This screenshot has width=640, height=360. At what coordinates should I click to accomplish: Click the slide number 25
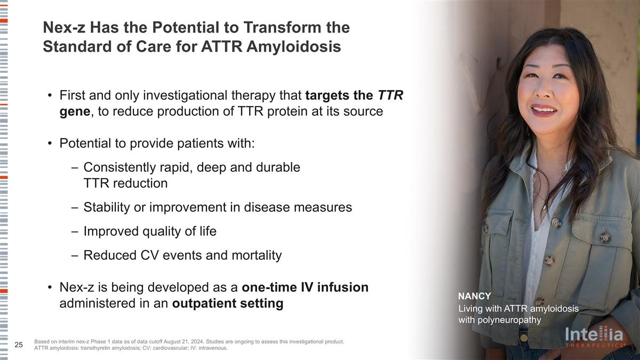(19, 345)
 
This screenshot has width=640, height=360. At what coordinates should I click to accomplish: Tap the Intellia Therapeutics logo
(594, 337)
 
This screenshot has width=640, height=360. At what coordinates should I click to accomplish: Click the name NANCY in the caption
(474, 297)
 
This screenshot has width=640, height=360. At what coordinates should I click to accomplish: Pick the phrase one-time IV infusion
(305, 287)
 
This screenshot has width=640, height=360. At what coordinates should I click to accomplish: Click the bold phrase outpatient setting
(228, 303)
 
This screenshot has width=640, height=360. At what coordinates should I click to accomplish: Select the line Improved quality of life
(150, 231)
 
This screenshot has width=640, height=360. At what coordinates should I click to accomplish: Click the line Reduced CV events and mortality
(182, 255)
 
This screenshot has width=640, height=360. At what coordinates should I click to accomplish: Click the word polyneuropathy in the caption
(509, 320)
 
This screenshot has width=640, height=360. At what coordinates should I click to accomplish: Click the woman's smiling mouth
(543, 110)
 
